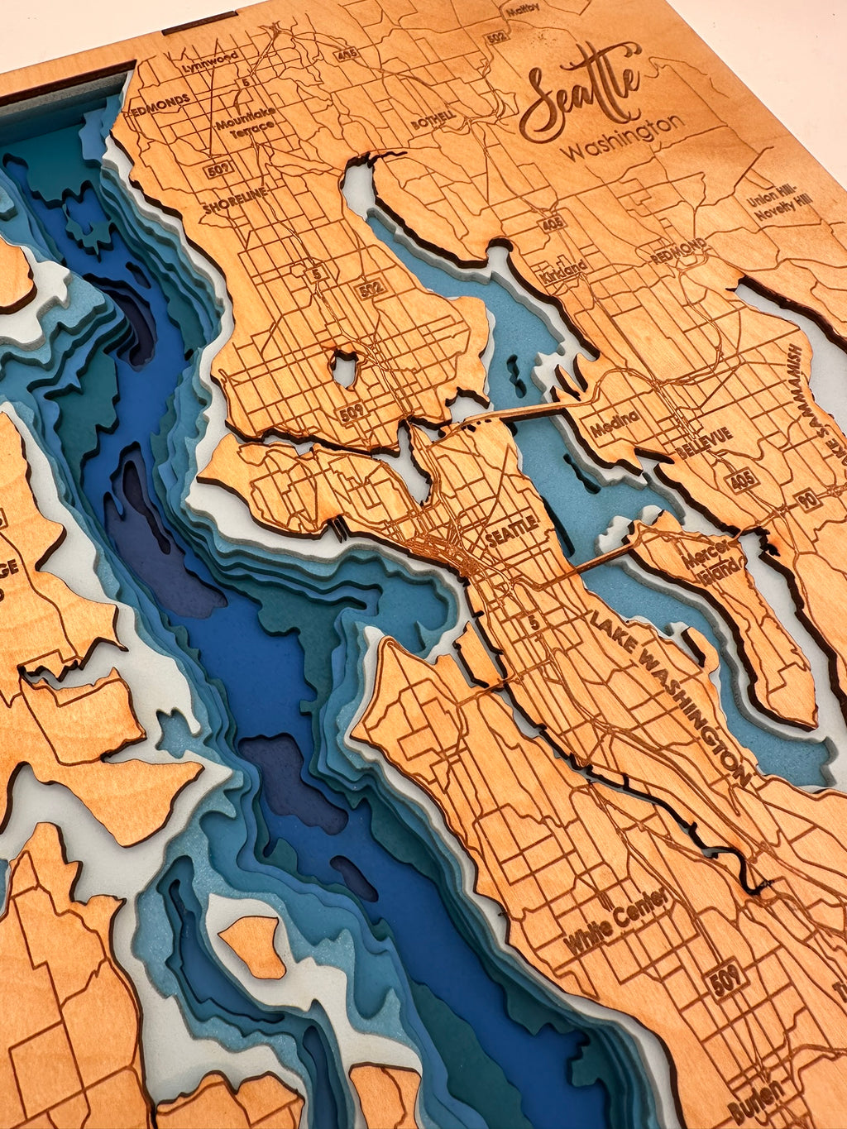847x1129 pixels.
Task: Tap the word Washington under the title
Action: [x=622, y=138]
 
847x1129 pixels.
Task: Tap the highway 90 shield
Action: [x=811, y=499]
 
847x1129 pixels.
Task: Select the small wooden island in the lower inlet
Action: [x=255, y=944]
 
